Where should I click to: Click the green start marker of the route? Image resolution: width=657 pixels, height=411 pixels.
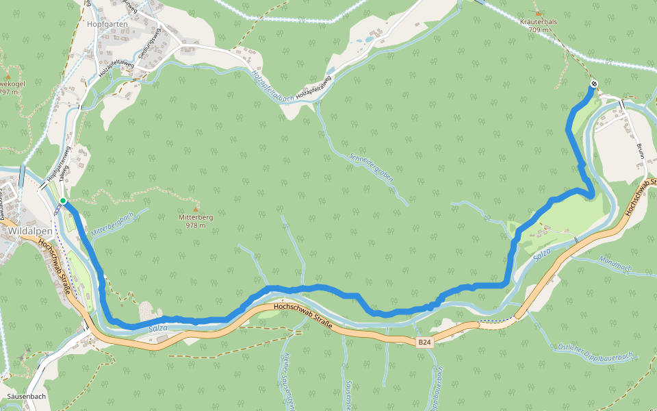coord(62,201)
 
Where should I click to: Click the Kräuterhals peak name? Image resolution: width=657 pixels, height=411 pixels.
coord(539,22)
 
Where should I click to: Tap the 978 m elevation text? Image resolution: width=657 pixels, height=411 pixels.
coord(196,225)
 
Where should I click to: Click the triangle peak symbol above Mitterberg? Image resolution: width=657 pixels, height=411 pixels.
coord(196,208)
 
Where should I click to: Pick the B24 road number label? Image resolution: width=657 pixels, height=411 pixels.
coord(425,340)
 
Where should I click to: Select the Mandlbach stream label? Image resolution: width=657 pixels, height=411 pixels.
coord(614,266)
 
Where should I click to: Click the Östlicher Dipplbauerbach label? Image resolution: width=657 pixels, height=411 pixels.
coord(595,351)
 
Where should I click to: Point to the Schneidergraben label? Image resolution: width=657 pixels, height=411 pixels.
coord(372,166)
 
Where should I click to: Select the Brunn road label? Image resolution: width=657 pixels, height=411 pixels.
coord(641,149)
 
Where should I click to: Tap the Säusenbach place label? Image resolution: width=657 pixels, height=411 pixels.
coord(25,397)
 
